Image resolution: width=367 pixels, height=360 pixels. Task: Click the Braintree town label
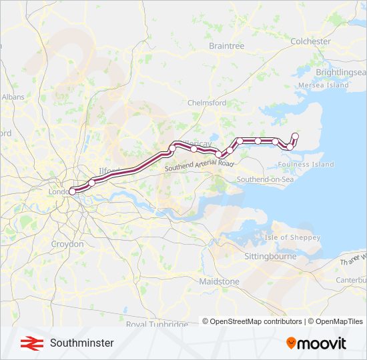pyautogui.click(x=226, y=46)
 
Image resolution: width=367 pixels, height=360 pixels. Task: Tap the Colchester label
pyautogui.click(x=310, y=41)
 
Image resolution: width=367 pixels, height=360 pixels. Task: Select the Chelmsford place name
pyautogui.click(x=208, y=103)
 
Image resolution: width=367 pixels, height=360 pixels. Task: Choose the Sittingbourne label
pyautogui.click(x=270, y=256)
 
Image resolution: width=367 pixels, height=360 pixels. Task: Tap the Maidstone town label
pyautogui.click(x=219, y=282)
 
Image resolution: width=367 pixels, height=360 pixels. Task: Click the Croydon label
pyautogui.click(x=67, y=244)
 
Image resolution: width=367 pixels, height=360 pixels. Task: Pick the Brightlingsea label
pyautogui.click(x=341, y=72)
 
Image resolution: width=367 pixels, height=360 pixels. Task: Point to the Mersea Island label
pyautogui.click(x=324, y=85)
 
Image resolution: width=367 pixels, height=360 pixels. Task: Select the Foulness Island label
pyautogui.click(x=306, y=164)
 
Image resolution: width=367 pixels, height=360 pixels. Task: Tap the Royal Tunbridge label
pyautogui.click(x=157, y=325)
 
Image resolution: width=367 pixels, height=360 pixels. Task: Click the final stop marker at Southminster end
pyautogui.click(x=295, y=136)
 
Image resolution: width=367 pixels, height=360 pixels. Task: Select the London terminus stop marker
pyautogui.click(x=72, y=192)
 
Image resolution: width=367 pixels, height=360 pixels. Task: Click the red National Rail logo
pyautogui.click(x=29, y=343)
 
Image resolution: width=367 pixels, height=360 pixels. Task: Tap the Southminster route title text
pyautogui.click(x=81, y=343)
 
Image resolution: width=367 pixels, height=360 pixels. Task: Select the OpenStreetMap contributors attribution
pyautogui.click(x=252, y=321)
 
